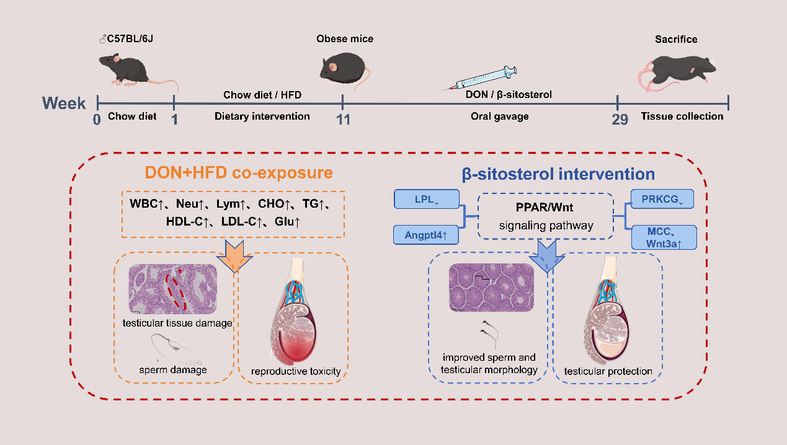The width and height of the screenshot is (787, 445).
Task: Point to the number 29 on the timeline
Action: pyautogui.click(x=620, y=119)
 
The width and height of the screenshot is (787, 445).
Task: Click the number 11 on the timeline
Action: pyautogui.click(x=343, y=119)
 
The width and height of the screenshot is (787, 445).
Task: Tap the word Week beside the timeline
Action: pyautogui.click(x=64, y=104)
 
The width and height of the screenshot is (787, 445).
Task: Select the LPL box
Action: pyautogui.click(x=426, y=200)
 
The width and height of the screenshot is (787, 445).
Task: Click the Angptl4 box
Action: pyautogui.click(x=426, y=236)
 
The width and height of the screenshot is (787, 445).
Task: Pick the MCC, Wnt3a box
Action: pyautogui.click(x=664, y=237)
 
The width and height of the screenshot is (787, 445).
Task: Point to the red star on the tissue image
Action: pyautogui.click(x=180, y=271)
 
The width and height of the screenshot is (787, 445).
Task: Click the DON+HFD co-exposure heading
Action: pyautogui.click(x=239, y=173)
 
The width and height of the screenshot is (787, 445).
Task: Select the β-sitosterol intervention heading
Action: pyautogui.click(x=558, y=175)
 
